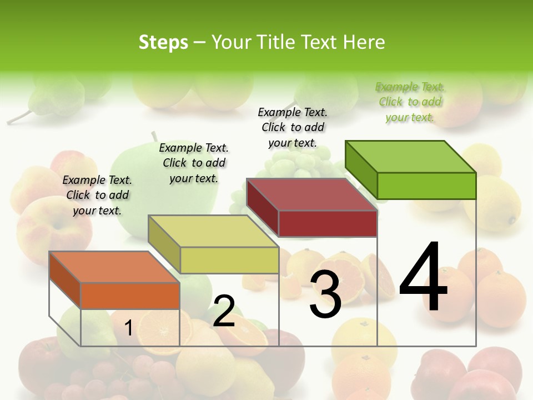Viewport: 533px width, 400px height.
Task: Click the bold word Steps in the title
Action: point(163,42)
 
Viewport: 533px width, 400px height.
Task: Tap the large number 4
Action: point(423,278)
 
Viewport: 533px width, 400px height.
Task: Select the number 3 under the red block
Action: point(325,294)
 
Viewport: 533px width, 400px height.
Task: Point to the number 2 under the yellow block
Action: point(224,311)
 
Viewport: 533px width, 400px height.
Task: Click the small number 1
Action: point(128,328)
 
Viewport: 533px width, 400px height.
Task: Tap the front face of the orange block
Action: point(130,296)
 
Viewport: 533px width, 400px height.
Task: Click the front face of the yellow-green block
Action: point(229,260)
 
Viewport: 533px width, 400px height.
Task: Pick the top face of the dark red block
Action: point(311,194)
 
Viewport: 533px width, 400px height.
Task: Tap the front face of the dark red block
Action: point(328,223)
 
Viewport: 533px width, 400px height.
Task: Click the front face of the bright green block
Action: point(426,186)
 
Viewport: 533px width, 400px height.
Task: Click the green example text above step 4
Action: point(410,102)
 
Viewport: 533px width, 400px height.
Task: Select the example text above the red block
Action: point(293,127)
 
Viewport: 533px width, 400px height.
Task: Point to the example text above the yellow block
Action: point(194,163)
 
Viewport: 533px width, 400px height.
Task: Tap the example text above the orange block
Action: point(97,195)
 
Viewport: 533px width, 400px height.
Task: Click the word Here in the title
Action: point(364,42)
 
